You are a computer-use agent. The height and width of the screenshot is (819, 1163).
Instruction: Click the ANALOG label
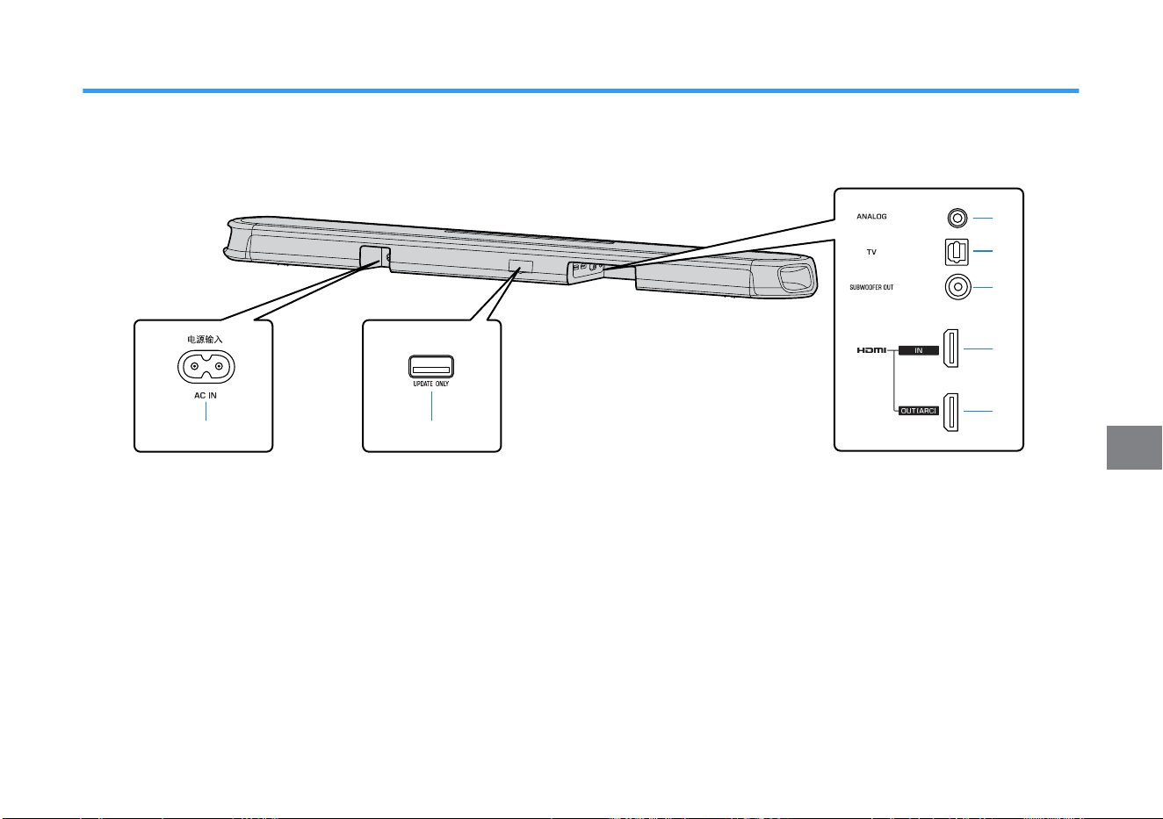[871, 217]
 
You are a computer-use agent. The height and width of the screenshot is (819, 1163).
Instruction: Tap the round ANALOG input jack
[957, 218]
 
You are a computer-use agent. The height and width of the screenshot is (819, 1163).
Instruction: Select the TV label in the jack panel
[871, 252]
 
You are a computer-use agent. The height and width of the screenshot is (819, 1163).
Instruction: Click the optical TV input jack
[957, 252]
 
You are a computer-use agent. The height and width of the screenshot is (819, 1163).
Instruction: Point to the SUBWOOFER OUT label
[871, 287]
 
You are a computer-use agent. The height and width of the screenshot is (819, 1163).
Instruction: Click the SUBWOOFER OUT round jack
[957, 286]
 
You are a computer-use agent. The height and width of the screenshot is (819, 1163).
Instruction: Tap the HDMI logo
[871, 350]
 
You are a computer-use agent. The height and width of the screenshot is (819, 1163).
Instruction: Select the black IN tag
[919, 350]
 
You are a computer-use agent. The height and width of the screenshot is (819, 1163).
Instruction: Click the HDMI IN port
[950, 348]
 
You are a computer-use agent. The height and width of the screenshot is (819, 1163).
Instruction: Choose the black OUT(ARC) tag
[919, 411]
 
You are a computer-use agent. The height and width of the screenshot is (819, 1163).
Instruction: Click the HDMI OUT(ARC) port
[950, 412]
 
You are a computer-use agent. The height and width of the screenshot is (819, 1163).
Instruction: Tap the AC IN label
[206, 396]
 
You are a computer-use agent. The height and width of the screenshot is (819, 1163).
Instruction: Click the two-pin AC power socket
[206, 366]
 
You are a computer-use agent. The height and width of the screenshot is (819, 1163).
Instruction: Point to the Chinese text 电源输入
[205, 340]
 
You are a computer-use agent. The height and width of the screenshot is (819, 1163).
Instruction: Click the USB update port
[431, 366]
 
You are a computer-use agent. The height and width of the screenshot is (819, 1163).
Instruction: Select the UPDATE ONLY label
[431, 384]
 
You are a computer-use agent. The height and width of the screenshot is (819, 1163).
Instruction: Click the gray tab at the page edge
[1134, 448]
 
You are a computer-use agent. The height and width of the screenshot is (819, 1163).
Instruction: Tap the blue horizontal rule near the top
[581, 90]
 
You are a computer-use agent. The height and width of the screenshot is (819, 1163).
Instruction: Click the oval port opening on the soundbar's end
[796, 277]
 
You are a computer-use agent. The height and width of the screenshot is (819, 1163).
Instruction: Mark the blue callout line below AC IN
[206, 412]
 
